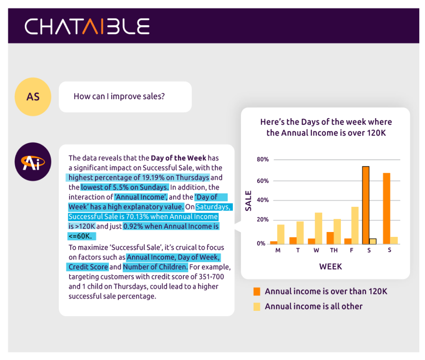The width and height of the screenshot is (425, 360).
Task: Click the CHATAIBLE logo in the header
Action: tap(87, 26)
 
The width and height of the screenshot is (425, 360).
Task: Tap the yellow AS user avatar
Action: tap(33, 97)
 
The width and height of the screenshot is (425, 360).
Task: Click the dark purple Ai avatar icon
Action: tap(33, 162)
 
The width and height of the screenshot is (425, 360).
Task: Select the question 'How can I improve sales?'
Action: tap(119, 96)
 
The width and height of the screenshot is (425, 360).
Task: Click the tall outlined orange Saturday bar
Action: tap(366, 205)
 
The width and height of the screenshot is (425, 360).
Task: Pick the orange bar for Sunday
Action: tap(386, 209)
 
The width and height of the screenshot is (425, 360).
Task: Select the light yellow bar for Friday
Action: tap(355, 225)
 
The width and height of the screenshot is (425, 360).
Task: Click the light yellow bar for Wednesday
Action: tap(318, 228)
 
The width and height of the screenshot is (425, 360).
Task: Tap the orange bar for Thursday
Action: tap(330, 238)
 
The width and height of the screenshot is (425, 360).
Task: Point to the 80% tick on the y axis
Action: tap(263, 159)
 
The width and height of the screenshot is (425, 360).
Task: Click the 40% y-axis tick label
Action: tap(263, 200)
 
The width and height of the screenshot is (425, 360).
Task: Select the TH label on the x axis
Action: tap(334, 250)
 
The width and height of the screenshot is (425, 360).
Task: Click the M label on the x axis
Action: tap(278, 250)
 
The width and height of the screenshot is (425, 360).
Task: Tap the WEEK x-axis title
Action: tap(331, 267)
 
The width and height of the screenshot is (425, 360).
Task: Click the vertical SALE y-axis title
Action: tap(248, 201)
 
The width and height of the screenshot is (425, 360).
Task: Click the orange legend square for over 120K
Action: tap(257, 291)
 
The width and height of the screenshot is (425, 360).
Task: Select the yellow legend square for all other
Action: tap(257, 306)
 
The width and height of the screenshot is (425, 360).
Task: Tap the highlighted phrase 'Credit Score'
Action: tap(88, 267)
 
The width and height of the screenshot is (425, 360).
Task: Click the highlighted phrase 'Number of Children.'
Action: tap(155, 267)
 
